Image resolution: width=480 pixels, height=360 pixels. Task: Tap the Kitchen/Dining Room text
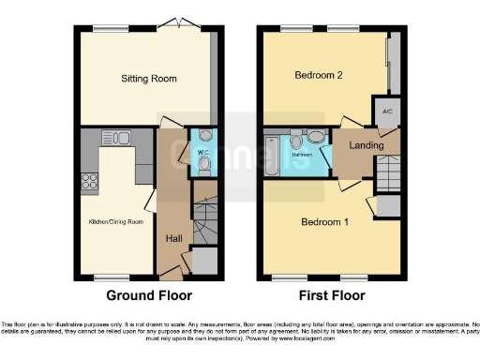coord(116,221)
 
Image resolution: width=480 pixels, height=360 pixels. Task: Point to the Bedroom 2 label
coord(320,75)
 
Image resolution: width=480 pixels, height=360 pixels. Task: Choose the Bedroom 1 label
coord(325,222)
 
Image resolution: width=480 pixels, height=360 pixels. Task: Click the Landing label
coord(364,145)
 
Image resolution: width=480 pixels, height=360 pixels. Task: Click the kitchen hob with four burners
coord(92,179)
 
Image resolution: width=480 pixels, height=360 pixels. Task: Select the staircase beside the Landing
coord(387,172)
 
